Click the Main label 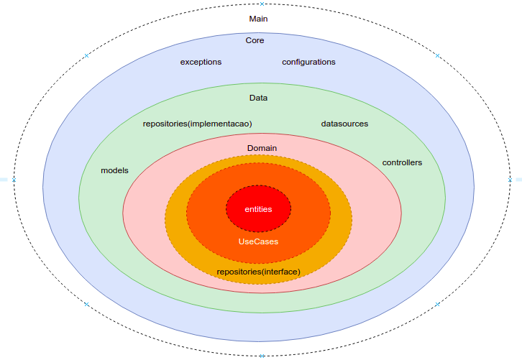point(258,19)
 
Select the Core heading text point(255,41)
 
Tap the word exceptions point(201,63)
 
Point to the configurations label point(308,63)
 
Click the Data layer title point(258,98)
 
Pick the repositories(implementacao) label point(197,124)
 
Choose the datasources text point(344,124)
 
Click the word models point(114,170)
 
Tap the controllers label point(402,162)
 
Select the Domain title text point(262,148)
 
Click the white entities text point(258,209)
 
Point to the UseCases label point(258,242)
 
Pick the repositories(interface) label point(258,272)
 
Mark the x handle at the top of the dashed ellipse point(262,4)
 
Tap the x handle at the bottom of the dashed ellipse point(262,355)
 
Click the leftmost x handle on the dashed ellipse point(14,180)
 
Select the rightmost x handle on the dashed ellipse point(510,180)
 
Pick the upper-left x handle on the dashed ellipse point(86,55)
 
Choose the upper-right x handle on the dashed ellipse point(437,55)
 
